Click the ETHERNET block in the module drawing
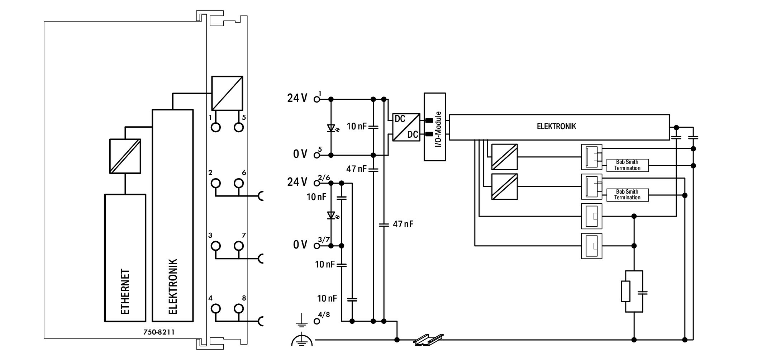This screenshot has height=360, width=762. pos(125,258)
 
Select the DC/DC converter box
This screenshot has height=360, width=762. pos(406,127)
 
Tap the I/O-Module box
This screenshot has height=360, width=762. pos(435,127)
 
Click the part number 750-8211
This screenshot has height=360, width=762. pos(159,332)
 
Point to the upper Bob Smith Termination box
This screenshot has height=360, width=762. pos(627,165)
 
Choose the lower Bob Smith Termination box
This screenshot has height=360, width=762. pos(627,195)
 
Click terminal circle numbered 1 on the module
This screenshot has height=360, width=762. pos(216,127)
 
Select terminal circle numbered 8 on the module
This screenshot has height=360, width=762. pos(239,308)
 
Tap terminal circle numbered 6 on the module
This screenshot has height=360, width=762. pos(239,183)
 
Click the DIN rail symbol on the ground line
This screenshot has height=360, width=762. pos(428,340)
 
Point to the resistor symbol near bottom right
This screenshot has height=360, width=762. pos(625,291)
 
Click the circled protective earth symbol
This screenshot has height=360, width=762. pos(302,340)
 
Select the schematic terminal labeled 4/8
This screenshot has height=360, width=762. pos(316,321)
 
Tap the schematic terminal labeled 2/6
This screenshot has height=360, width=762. pos(316,183)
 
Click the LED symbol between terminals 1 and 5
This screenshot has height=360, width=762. pos(332,127)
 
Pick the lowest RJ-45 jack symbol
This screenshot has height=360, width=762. pos(591,246)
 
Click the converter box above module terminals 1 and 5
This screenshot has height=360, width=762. pos(227,93)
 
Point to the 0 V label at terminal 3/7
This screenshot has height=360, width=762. pos(300,245)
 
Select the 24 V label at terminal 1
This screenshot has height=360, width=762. pos(297,98)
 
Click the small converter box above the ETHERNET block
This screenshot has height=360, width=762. pos(125,156)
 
